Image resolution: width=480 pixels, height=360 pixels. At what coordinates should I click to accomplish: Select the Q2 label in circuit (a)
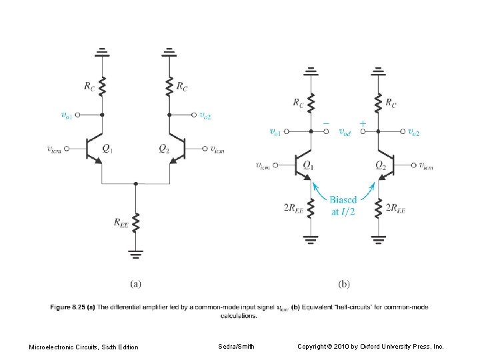(164, 148)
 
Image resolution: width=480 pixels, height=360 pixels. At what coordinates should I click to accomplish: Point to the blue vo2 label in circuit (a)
(205, 115)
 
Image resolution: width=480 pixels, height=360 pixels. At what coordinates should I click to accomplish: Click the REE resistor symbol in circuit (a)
(135, 222)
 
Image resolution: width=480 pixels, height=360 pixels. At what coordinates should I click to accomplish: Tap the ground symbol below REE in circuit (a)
(135, 253)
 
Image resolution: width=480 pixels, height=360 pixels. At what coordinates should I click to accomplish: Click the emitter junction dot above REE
(135, 183)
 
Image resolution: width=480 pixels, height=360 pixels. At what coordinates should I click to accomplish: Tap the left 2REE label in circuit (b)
(294, 209)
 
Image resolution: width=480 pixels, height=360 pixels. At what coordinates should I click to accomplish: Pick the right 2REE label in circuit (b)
(395, 209)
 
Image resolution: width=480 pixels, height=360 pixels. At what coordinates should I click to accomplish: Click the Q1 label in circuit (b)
(308, 165)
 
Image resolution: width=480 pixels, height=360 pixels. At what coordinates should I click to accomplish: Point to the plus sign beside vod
(362, 124)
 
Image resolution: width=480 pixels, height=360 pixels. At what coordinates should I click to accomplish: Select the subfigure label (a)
(135, 283)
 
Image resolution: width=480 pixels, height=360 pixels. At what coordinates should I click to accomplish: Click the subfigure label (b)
(343, 283)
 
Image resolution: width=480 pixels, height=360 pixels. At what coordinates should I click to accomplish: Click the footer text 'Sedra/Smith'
(236, 346)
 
